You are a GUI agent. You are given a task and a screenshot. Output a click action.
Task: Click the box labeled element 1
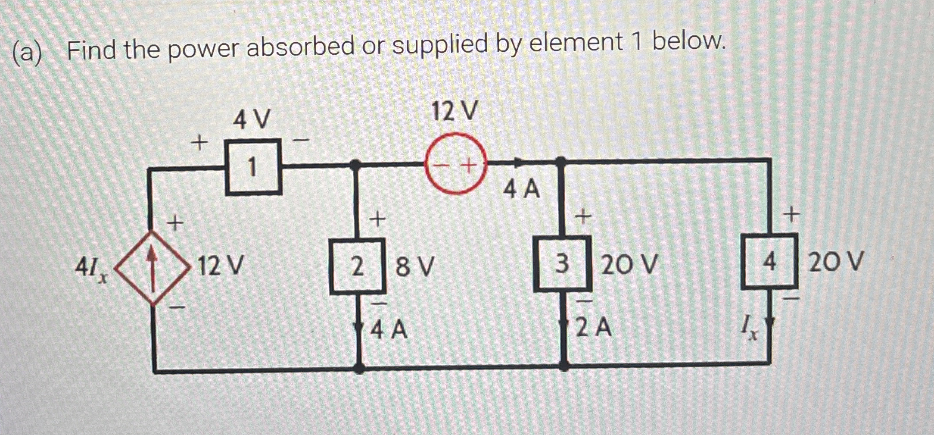(254, 167)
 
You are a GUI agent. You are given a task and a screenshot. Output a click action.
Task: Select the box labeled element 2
(357, 266)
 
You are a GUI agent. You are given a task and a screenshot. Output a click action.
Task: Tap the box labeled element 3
(562, 264)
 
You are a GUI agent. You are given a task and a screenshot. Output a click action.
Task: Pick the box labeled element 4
(769, 261)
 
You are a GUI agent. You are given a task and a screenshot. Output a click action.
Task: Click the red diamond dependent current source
(152, 267)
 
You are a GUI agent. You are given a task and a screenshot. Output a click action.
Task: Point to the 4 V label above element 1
(252, 119)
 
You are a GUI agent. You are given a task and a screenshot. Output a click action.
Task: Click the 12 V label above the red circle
(455, 111)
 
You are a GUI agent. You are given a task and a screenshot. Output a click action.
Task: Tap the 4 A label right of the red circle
(521, 190)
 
